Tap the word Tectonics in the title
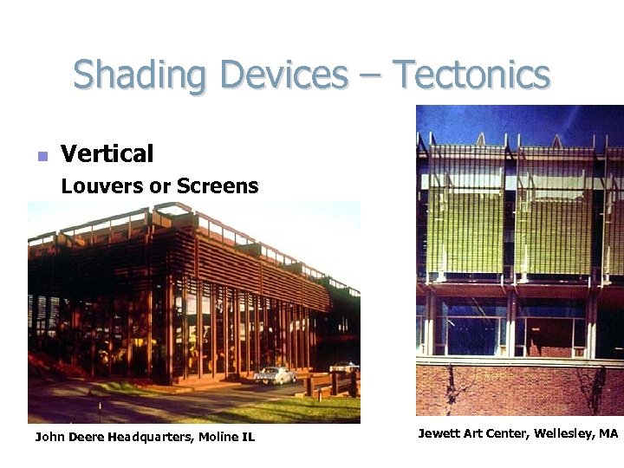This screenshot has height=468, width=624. click(471, 75)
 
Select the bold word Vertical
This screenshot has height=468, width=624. click(107, 154)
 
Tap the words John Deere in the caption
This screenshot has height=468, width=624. click(69, 437)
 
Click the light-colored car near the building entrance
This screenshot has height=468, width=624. click(276, 375)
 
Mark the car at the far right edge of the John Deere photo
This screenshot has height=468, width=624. click(344, 367)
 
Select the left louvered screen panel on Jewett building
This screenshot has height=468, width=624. click(466, 221)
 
